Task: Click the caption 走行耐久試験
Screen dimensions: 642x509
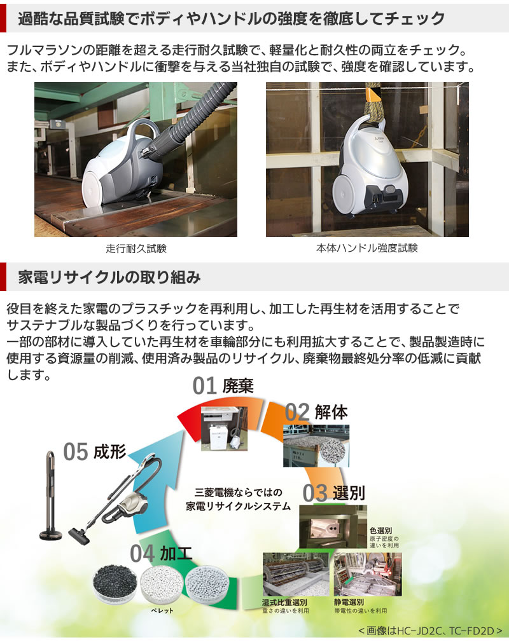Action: [136, 248]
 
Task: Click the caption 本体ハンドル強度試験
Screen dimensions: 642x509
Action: [367, 248]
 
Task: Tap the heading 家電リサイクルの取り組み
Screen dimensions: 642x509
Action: [109, 277]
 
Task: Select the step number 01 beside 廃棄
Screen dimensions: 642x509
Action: [204, 386]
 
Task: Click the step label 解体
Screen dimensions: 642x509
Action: [331, 412]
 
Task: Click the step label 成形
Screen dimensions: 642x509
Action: [109, 452]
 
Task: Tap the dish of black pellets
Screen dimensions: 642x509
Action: [114, 584]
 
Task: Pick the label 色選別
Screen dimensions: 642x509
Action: [380, 530]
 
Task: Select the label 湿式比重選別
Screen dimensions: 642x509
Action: [285, 602]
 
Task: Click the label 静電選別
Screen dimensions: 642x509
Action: [349, 602]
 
